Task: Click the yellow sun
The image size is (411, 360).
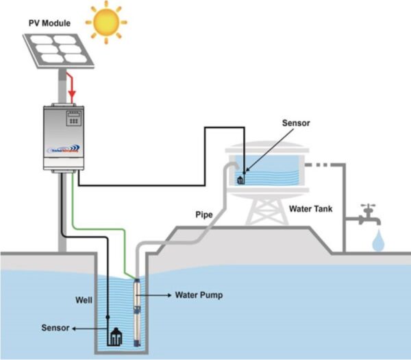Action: point(106,23)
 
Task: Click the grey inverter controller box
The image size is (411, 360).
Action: point(69,137)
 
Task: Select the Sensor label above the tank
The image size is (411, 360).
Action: point(297,124)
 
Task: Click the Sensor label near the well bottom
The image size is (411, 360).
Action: point(54,328)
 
